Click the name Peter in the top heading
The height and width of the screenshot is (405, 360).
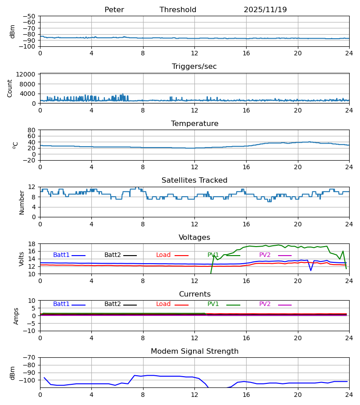click(x=114, y=10)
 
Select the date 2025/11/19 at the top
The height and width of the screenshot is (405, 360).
click(x=265, y=10)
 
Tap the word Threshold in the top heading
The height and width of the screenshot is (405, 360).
click(x=178, y=10)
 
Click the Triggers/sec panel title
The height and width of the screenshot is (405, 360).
click(x=194, y=67)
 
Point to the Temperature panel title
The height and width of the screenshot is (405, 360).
click(x=194, y=124)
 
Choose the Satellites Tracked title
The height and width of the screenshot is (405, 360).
click(x=194, y=180)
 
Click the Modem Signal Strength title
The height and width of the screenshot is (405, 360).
click(x=194, y=351)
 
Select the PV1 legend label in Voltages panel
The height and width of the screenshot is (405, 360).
click(x=213, y=255)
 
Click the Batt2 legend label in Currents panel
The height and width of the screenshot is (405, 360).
click(x=112, y=304)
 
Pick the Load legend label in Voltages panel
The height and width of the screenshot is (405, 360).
click(x=163, y=255)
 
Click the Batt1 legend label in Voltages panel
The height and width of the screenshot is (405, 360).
click(x=61, y=255)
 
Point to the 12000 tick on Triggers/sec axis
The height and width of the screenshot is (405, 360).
click(x=28, y=74)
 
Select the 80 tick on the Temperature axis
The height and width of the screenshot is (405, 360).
click(x=32, y=130)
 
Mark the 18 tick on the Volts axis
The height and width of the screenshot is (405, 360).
click(x=32, y=244)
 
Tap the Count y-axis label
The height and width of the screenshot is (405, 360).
click(x=10, y=88)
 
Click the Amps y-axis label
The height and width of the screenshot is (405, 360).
click(x=16, y=316)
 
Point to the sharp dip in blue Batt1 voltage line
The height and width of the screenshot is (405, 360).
click(x=310, y=270)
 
